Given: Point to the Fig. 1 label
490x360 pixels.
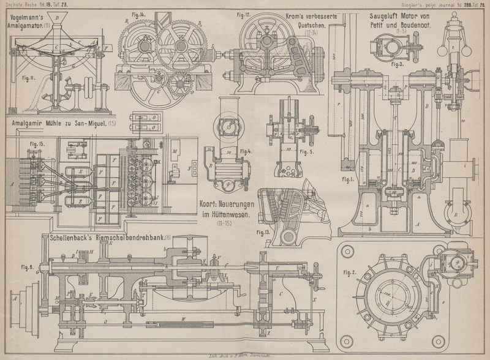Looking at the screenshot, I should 349,179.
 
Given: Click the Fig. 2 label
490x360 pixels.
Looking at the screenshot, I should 350,271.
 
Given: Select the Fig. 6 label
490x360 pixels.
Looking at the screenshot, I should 26,266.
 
